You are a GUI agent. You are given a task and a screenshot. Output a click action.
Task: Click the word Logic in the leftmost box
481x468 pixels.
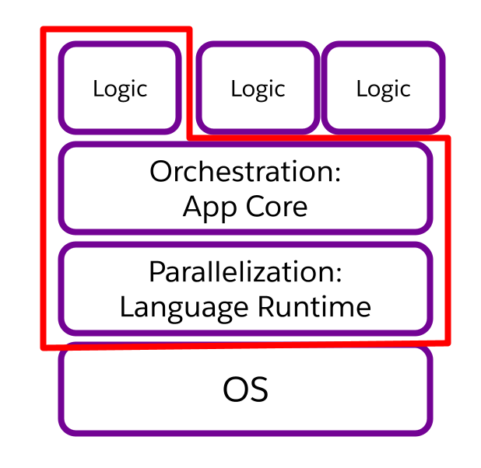120,89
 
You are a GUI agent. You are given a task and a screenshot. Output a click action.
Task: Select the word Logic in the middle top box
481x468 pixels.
258,89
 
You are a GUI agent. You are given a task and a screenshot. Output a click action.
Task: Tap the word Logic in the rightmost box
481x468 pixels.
383,89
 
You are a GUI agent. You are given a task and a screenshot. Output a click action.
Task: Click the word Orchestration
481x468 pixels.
243,172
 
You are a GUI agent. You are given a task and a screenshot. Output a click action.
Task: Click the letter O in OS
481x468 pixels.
234,389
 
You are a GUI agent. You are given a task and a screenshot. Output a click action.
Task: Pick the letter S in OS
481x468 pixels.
258,389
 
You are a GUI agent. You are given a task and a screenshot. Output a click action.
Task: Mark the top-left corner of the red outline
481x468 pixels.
44,30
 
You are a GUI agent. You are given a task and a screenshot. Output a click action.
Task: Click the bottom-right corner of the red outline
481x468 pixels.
448,341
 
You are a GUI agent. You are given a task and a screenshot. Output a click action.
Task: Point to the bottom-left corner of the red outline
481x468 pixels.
44,347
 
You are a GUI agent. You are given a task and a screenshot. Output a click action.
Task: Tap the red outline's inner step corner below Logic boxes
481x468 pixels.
189,138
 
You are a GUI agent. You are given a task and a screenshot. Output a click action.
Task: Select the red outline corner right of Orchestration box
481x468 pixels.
448,139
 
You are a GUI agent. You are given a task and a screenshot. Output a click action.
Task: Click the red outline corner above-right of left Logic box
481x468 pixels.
188,30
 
